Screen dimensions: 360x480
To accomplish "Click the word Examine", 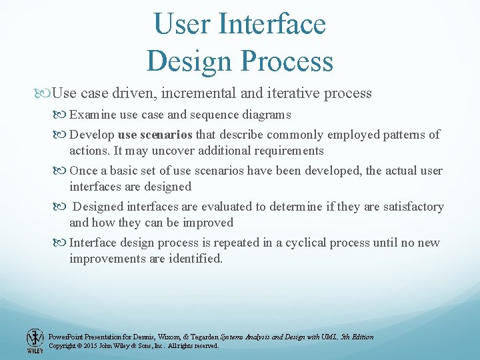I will coord(92,115).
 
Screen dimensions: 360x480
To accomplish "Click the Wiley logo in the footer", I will coord(35,341).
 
